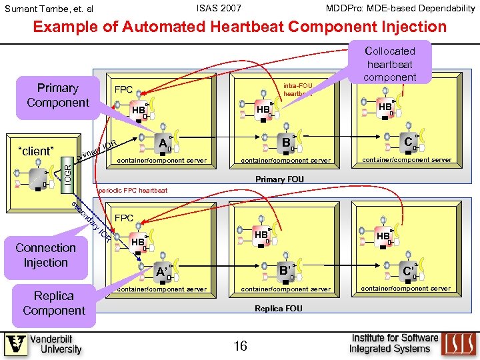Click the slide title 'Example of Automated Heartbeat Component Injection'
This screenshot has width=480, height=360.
240,27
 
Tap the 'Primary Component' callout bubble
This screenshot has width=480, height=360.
57,95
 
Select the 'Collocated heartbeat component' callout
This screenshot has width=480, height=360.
390,64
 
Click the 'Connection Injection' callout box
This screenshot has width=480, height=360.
45,255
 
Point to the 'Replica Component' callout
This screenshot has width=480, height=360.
54,303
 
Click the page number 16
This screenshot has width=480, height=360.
240,345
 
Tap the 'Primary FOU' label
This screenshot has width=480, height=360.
279,179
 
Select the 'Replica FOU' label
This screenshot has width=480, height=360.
279,308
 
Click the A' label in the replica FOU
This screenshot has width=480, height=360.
161,271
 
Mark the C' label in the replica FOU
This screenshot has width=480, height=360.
407,271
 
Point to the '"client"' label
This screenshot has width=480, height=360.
35,151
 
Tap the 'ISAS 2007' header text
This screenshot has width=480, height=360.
219,8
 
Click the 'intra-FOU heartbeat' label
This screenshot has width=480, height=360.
297,89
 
